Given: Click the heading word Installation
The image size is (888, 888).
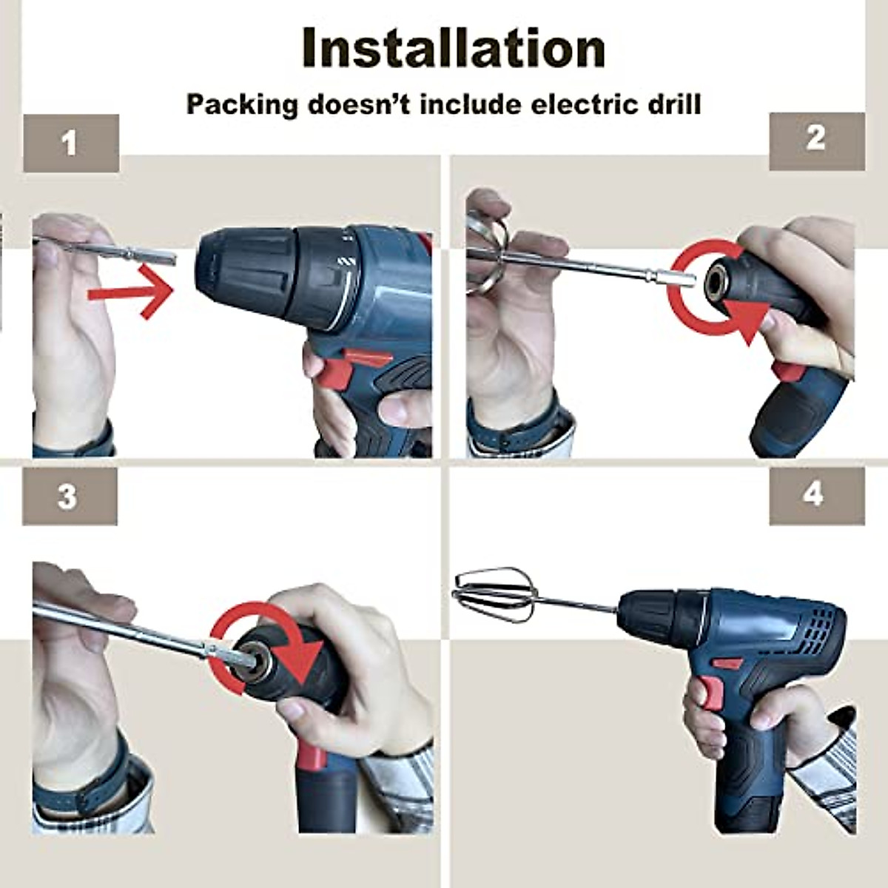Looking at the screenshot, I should [454, 48].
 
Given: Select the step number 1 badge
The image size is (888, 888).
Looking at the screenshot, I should [70, 143].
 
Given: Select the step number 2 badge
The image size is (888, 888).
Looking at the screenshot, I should [816, 138].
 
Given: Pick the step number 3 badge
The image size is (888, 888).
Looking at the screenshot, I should [68, 497].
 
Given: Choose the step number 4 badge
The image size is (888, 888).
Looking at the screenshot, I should [814, 494].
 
